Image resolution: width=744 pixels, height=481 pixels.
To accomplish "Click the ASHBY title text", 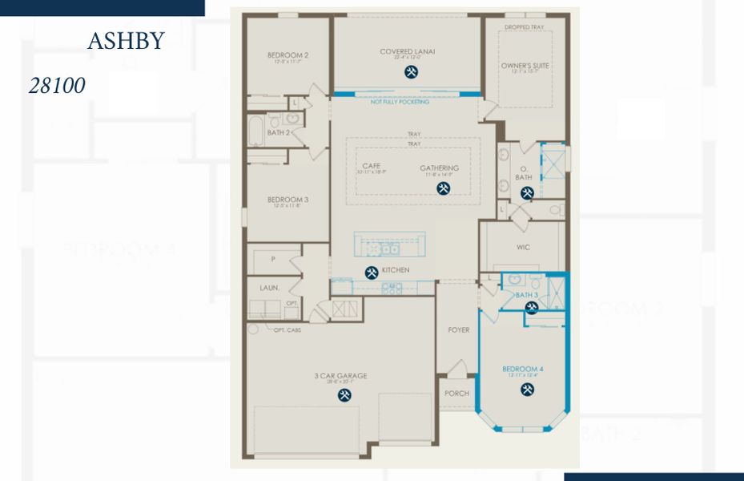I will (x=126, y=42).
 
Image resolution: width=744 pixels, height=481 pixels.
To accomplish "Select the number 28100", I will (x=58, y=86).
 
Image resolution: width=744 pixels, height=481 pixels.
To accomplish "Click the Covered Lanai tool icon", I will (x=411, y=71).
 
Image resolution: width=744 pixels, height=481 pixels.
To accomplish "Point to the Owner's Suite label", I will (x=525, y=66).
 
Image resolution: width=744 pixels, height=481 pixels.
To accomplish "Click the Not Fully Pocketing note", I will (x=400, y=103).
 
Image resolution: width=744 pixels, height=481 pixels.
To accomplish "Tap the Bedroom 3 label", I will (x=288, y=200).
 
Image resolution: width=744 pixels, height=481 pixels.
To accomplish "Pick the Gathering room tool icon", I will (x=443, y=188).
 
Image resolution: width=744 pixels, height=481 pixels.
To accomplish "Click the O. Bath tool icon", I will (x=527, y=192).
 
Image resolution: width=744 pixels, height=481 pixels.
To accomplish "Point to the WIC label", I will (x=523, y=248).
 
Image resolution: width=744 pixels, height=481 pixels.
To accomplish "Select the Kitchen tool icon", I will (x=372, y=272).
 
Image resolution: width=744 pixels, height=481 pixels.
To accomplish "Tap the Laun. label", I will (x=268, y=287).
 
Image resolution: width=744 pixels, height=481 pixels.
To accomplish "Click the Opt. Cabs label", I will (x=287, y=329).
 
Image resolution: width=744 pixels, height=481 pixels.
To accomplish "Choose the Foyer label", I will (x=459, y=330).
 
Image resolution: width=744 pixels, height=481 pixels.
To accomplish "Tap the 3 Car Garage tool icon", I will (x=345, y=395).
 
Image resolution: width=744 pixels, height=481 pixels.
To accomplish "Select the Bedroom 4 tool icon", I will (x=527, y=389).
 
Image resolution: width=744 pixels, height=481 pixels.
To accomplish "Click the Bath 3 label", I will (x=526, y=296).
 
